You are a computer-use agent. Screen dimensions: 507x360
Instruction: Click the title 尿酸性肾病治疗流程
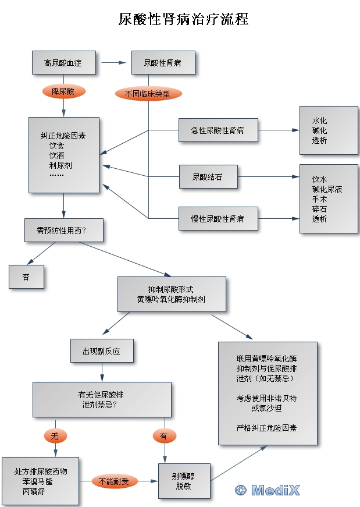(184, 19)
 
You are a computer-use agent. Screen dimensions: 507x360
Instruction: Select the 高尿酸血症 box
(63, 62)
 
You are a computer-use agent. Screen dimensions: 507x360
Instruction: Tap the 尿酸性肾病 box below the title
(162, 62)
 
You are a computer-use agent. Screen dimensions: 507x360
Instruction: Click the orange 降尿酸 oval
(63, 91)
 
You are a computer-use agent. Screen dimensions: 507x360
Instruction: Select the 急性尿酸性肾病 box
(218, 130)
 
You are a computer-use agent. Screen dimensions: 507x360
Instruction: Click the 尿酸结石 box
(208, 176)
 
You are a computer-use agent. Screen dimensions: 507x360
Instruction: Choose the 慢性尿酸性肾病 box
(218, 219)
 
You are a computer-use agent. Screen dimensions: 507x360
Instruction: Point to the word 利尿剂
(60, 165)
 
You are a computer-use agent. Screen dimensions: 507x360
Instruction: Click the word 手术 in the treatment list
(319, 199)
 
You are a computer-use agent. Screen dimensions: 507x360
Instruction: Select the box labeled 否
(26, 277)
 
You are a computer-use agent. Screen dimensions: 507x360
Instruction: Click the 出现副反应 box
(102, 351)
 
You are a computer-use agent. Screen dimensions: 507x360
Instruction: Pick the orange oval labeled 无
(55, 435)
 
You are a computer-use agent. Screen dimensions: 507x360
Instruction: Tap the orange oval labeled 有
(164, 435)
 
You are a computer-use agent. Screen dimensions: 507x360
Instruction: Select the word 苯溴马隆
(41, 481)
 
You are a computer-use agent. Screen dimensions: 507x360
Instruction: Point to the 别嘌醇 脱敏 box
(184, 481)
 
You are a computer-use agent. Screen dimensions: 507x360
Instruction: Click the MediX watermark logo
(268, 490)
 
